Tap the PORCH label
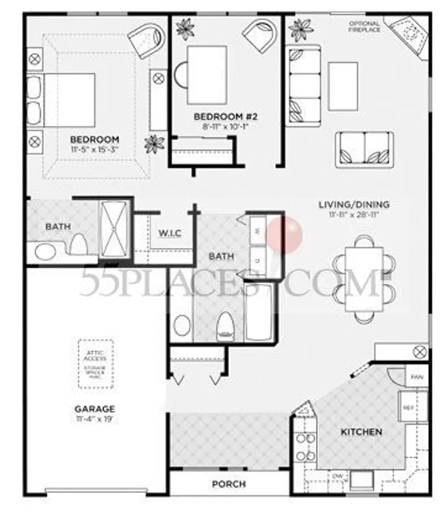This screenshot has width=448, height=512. point(229,484)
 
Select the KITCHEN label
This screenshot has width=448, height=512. point(361,432)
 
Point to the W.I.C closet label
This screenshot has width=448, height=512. point(169,233)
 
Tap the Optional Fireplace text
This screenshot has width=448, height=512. point(364,27)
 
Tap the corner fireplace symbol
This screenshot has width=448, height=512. point(408,34)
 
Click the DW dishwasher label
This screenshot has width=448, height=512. point(337,477)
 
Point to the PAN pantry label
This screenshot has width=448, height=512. point(416,377)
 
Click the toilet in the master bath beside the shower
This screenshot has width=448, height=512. point(78,244)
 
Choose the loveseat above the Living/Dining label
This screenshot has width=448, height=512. point(364,149)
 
